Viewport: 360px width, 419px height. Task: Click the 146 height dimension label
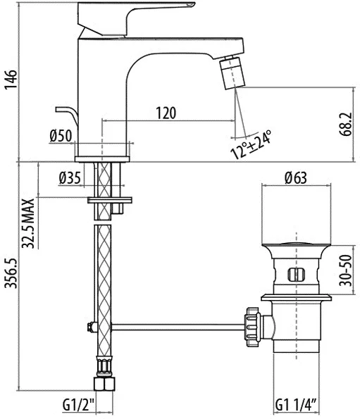tap(10, 79)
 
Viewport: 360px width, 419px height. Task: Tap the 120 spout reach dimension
tap(166, 113)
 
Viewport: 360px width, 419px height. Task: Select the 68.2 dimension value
tap(347, 125)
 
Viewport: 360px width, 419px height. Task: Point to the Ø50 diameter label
tap(61, 135)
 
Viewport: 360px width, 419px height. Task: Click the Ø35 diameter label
tap(70, 178)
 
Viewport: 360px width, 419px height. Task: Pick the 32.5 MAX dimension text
tap(28, 223)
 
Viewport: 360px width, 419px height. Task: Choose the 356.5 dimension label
tap(11, 273)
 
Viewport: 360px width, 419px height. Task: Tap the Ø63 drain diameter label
tap(296, 177)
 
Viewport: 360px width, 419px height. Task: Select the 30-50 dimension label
tap(346, 270)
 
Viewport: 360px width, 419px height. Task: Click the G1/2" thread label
tap(79, 405)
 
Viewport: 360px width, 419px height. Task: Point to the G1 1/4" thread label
tap(296, 405)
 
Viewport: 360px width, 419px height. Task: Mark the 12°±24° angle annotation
tap(251, 145)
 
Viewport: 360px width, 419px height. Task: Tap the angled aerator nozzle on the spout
tap(232, 72)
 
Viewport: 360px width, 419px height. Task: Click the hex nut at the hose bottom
tap(104, 384)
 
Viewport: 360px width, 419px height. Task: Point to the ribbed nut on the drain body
tap(252, 327)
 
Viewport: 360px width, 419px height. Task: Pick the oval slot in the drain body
tap(296, 275)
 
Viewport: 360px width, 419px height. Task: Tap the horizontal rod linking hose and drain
tap(178, 327)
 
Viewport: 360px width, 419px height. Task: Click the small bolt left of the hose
tap(92, 327)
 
